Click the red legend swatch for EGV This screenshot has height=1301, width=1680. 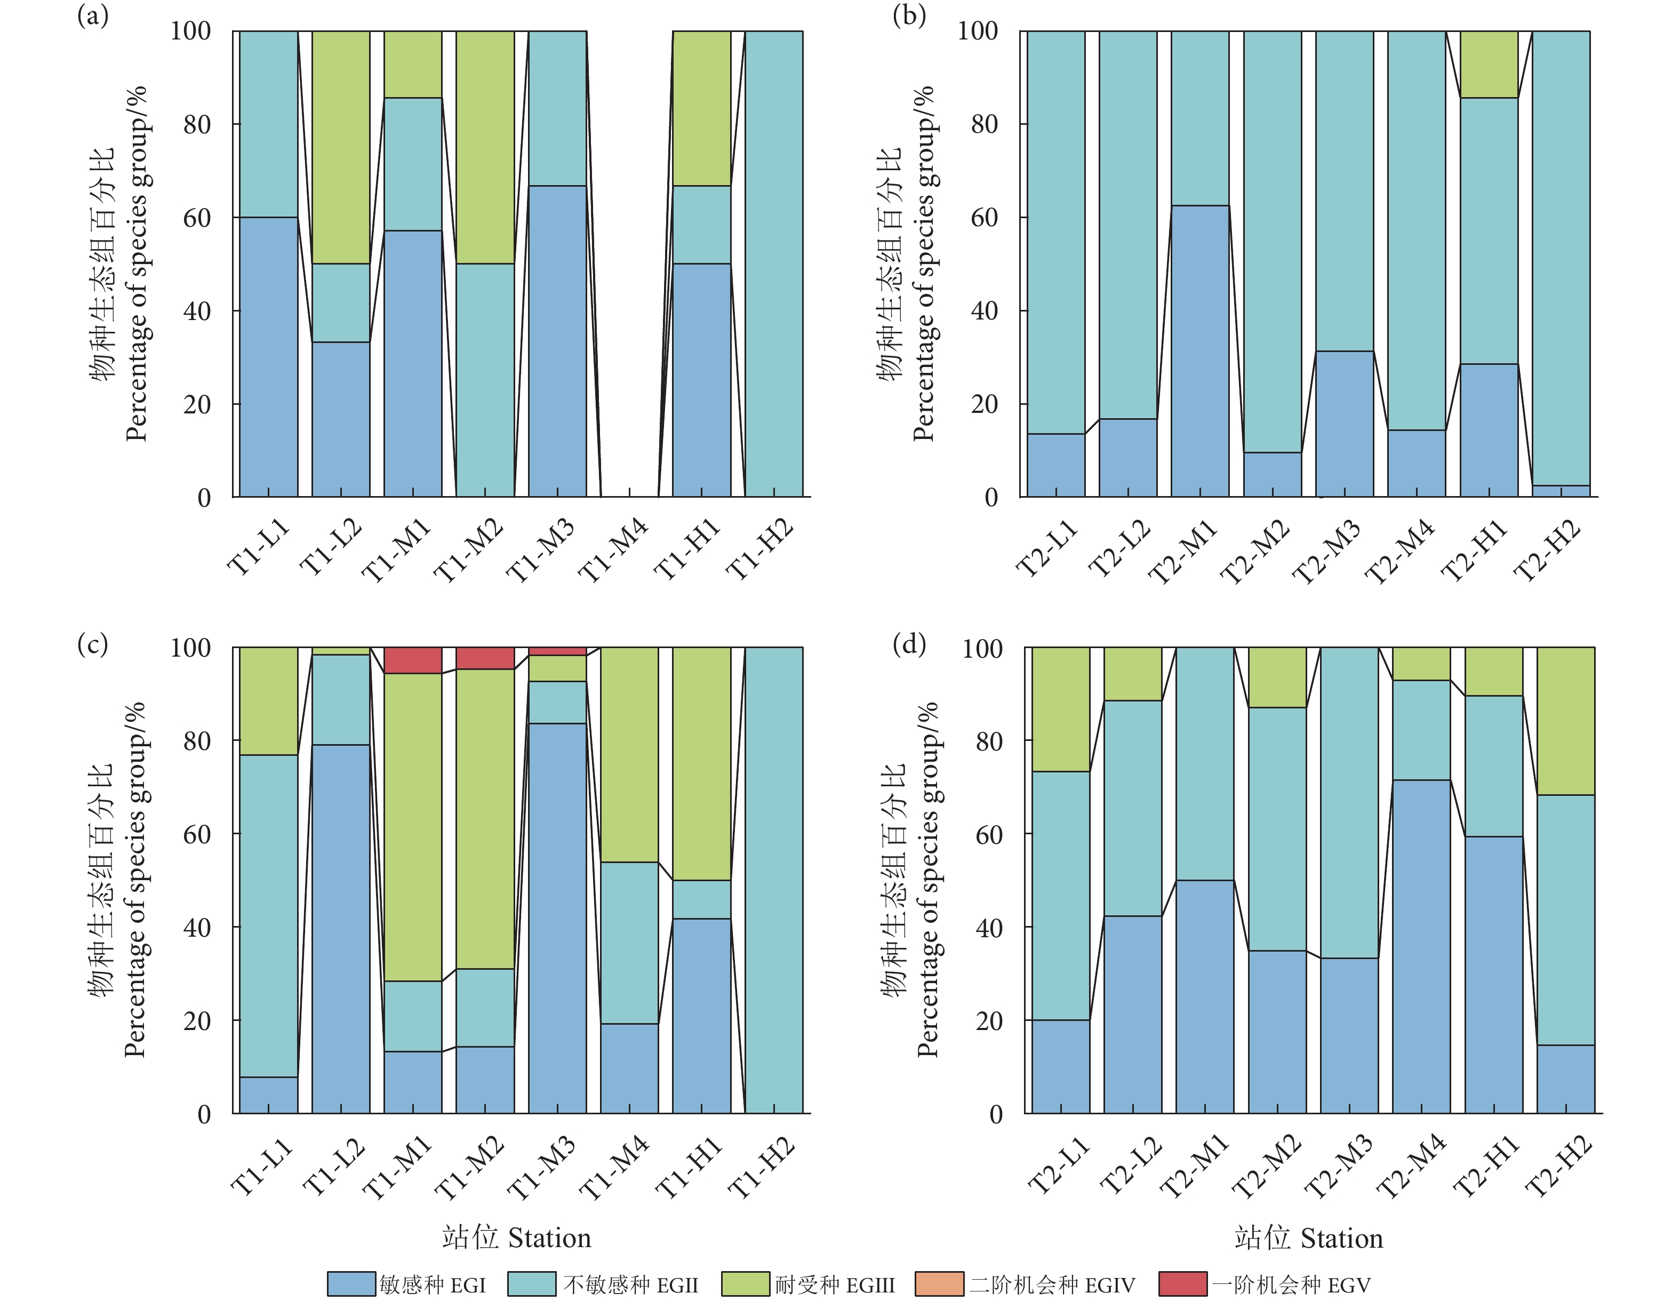click(1182, 1284)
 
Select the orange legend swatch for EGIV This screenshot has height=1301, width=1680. click(939, 1284)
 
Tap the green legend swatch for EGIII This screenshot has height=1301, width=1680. click(746, 1284)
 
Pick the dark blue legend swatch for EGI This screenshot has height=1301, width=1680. click(351, 1284)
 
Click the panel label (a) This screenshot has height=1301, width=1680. click(92, 15)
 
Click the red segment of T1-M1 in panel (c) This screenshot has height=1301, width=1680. click(413, 660)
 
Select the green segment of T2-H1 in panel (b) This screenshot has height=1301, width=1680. click(1489, 65)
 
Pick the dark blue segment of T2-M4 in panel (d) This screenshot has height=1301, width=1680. click(1421, 946)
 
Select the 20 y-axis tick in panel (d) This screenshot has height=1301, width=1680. click(989, 1021)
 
